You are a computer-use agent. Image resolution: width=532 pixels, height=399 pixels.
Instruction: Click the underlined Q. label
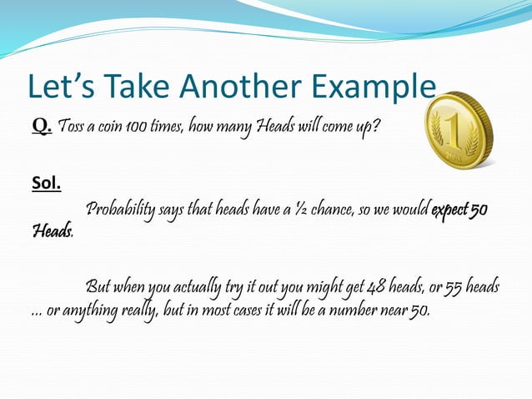42,126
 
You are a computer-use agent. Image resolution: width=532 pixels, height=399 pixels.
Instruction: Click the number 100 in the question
135,127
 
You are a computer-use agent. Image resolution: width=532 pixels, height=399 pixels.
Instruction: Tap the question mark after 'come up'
378,127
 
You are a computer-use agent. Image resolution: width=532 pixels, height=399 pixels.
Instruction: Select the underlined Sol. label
46,183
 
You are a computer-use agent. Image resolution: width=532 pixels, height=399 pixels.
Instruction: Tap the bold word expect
449,209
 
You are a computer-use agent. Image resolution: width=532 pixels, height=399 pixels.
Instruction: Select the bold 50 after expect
479,209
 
